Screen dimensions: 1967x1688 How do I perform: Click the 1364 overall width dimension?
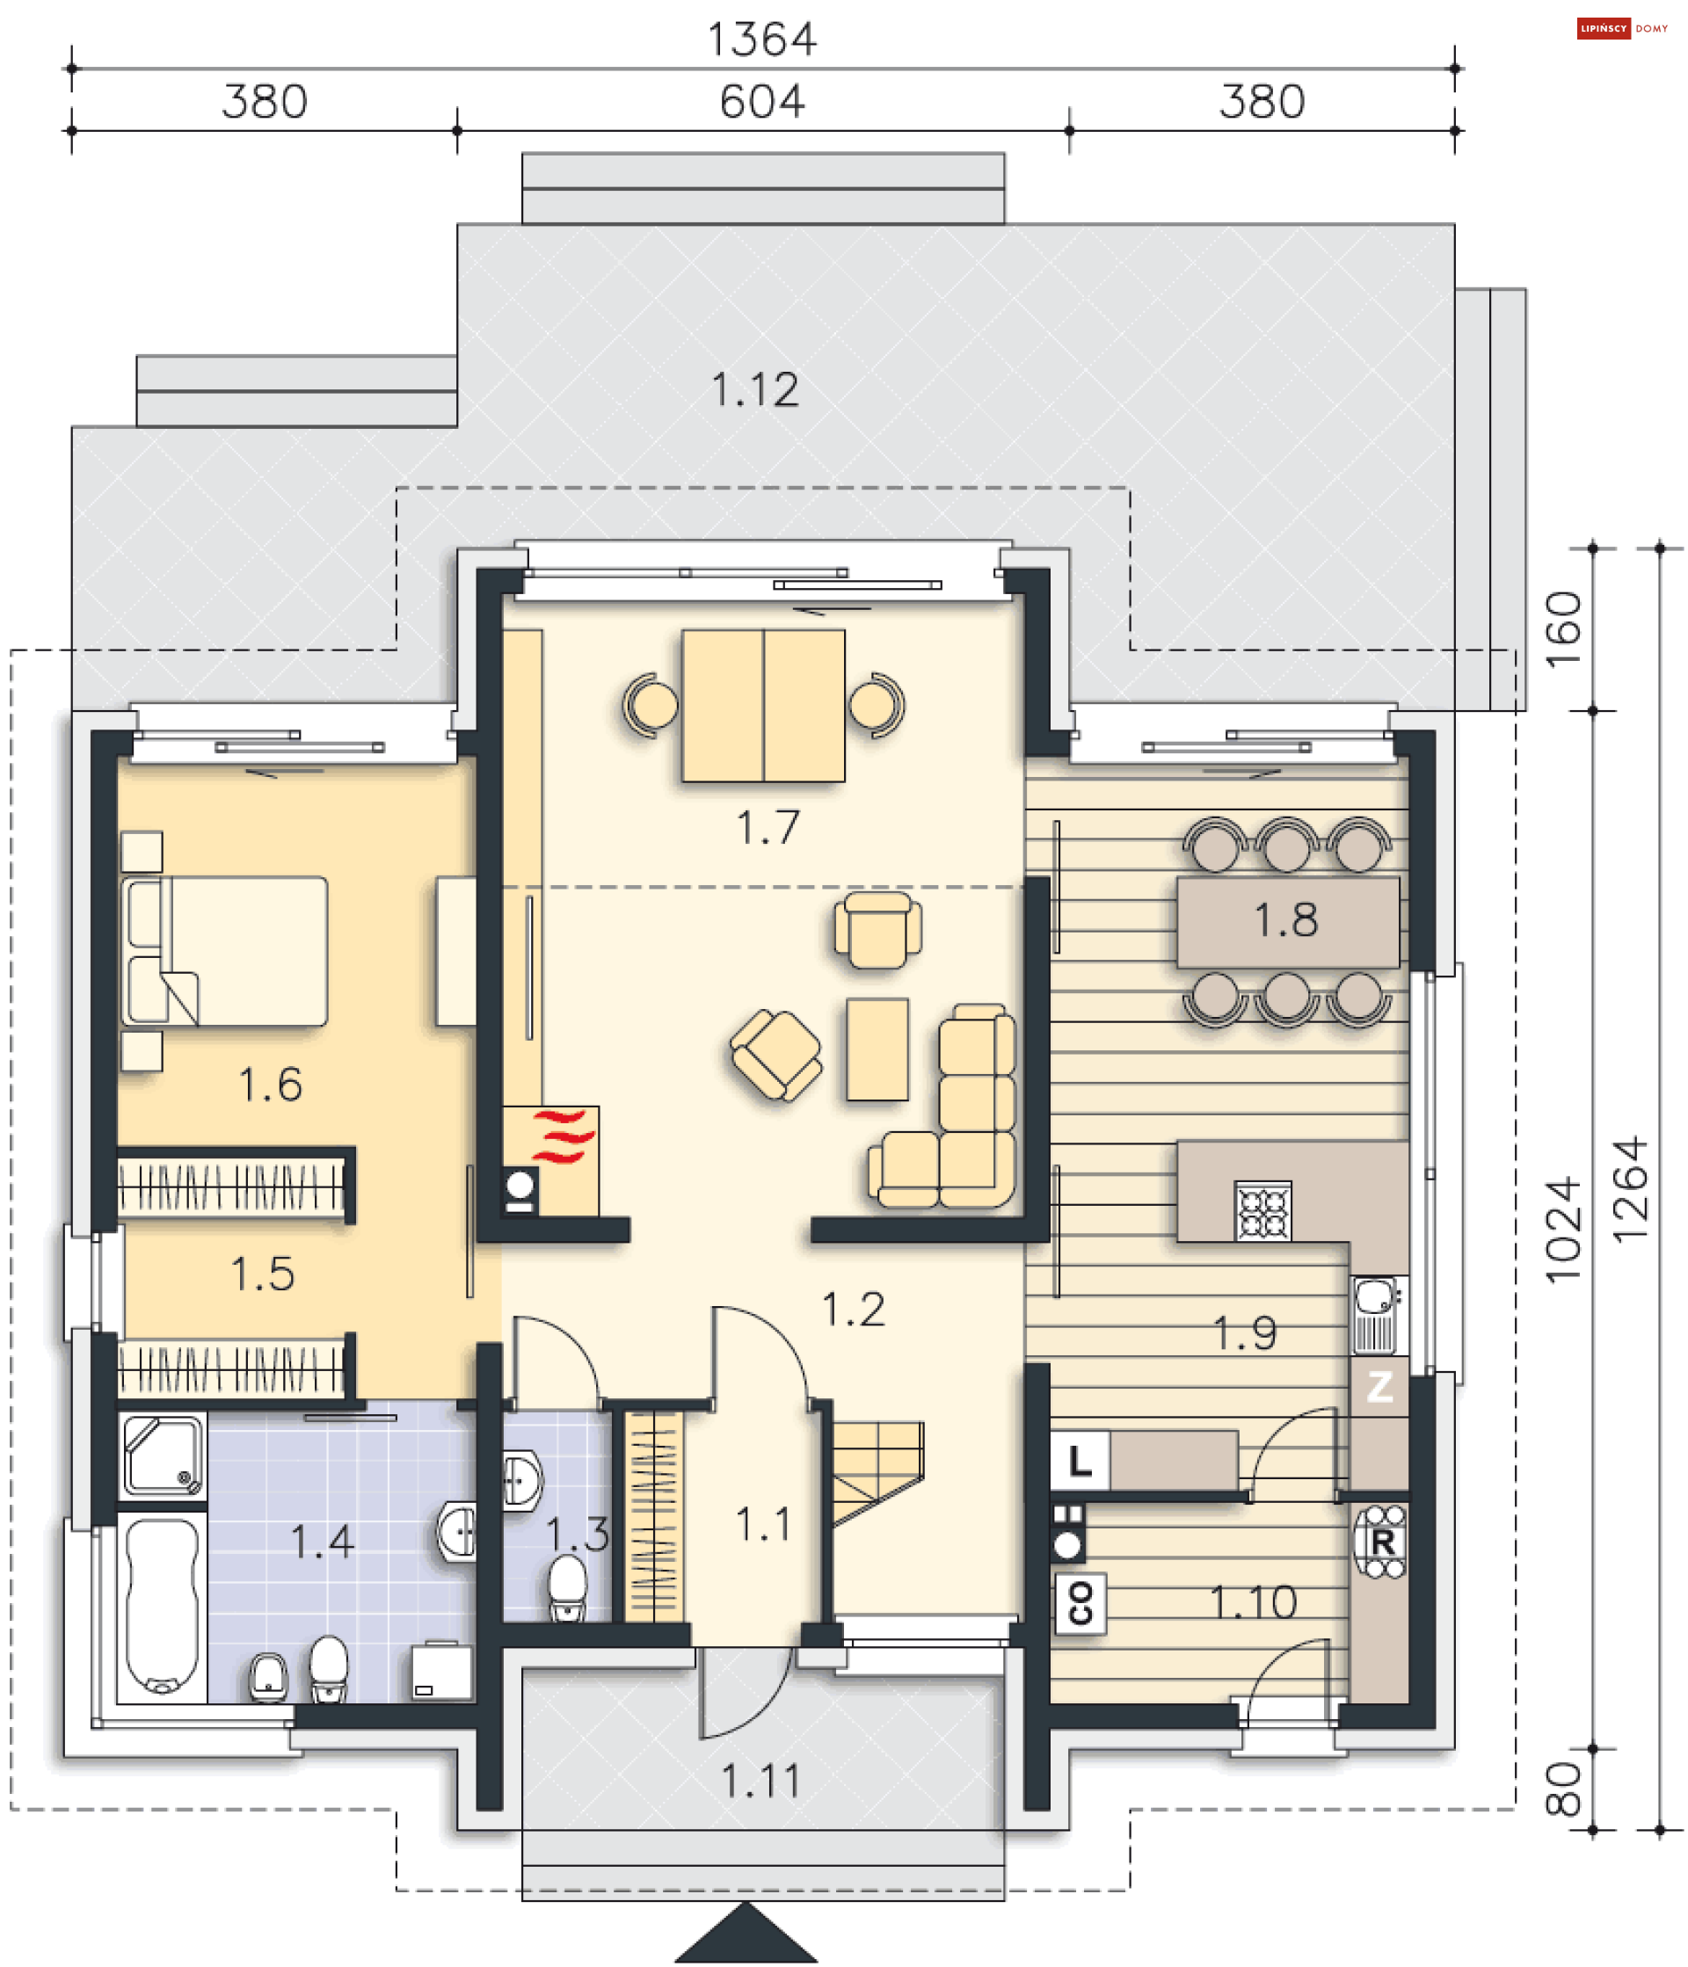[761, 40]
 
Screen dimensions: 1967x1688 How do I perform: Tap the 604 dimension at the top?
[761, 102]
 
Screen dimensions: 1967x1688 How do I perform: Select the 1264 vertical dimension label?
[1631, 1188]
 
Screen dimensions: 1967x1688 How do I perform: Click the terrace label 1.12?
[754, 390]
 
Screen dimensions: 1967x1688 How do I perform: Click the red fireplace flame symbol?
[562, 1136]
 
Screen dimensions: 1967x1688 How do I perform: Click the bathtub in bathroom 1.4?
[162, 1604]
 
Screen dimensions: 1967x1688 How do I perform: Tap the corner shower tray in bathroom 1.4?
[163, 1456]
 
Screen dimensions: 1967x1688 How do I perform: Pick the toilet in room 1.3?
[568, 1586]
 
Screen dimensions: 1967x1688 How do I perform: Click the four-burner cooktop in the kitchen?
[1262, 1210]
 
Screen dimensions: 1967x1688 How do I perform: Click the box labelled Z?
[1379, 1386]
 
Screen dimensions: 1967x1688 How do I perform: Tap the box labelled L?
[1080, 1460]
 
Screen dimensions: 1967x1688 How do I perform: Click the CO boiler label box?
[1080, 1603]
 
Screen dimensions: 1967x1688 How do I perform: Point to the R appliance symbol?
[1382, 1542]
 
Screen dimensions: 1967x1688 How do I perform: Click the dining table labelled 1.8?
[1287, 921]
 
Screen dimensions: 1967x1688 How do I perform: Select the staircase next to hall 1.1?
[877, 1469]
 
